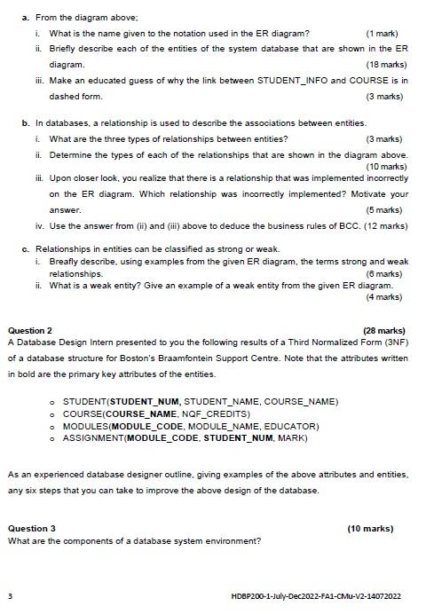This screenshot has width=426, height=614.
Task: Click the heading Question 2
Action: click(x=29, y=330)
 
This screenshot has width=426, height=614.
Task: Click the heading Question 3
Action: click(x=31, y=529)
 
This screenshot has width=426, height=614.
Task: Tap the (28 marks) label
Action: click(x=384, y=330)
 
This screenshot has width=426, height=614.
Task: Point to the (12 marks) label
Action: click(x=386, y=225)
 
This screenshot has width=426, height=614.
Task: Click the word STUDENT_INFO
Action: click(x=290, y=80)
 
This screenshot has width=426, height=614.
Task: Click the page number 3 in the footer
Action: click(x=10, y=595)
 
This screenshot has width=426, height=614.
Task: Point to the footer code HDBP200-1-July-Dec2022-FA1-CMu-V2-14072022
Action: click(x=315, y=596)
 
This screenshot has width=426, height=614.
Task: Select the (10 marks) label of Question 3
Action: click(x=370, y=529)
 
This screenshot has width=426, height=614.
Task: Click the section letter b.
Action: click(x=25, y=123)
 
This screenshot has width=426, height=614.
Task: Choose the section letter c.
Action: click(x=25, y=249)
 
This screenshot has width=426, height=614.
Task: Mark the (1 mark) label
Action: click(x=383, y=33)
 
